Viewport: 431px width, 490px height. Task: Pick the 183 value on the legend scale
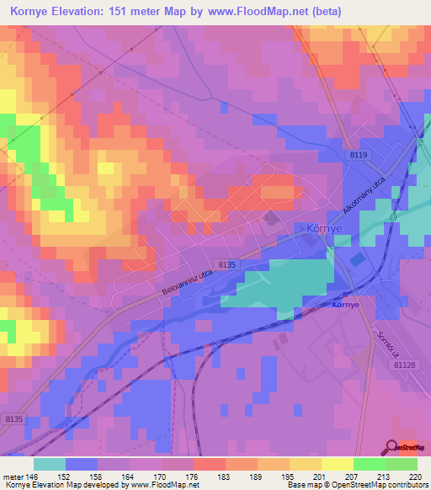(x=223, y=476)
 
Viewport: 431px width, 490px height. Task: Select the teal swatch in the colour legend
(x=50, y=464)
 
